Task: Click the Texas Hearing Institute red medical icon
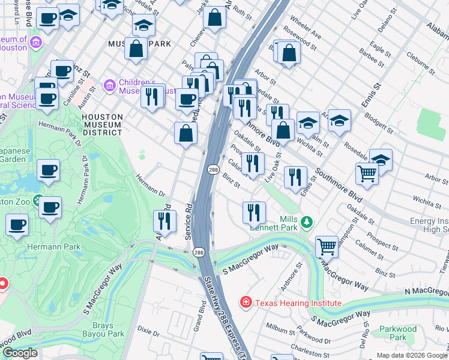pyautogui.click(x=246, y=303)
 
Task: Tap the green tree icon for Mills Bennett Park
pyautogui.click(x=307, y=223)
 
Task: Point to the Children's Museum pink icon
pyautogui.click(x=109, y=86)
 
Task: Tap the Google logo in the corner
pyautogui.click(x=19, y=353)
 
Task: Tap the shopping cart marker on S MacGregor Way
pyautogui.click(x=326, y=246)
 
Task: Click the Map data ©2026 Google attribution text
pyautogui.click(x=412, y=355)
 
